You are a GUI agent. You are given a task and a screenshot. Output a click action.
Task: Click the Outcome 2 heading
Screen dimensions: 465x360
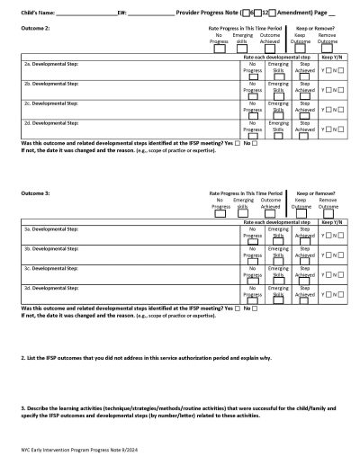35,29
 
